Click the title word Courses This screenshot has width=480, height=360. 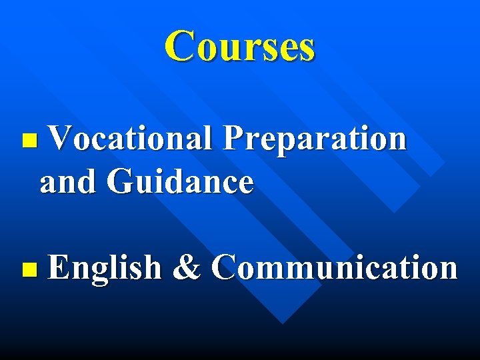click(240, 46)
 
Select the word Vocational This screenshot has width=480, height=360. click(131, 139)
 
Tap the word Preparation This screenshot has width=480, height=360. click(314, 139)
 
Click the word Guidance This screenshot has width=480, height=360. click(180, 181)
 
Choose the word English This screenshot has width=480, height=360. click(105, 268)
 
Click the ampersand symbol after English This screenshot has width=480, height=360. click(187, 268)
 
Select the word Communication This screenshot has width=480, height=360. click(335, 268)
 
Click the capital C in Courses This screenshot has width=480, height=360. click(181, 46)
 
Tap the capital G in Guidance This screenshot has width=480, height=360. click(119, 181)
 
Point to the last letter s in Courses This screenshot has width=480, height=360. click(305, 49)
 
